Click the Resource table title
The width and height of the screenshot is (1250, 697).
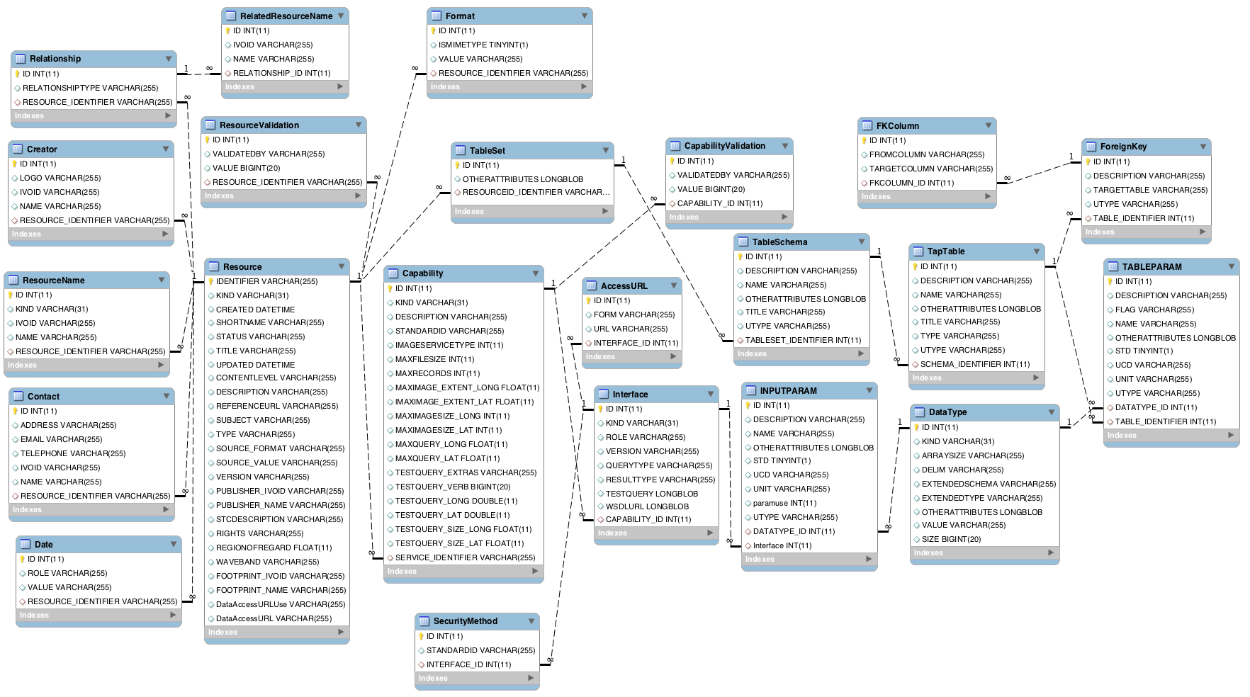tap(242, 267)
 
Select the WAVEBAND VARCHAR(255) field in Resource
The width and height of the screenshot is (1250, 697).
tap(267, 562)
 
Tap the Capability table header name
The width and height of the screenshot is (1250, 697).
tap(422, 273)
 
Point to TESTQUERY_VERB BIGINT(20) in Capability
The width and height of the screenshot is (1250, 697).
tap(452, 487)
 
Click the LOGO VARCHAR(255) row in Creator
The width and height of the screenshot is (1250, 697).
tap(60, 178)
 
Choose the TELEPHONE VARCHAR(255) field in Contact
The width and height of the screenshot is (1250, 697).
tap(72, 453)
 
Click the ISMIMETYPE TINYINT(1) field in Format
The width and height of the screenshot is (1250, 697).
tap(483, 45)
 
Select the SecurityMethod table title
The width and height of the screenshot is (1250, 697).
tap(465, 621)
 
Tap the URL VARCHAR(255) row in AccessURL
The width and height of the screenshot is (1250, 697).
tap(630, 329)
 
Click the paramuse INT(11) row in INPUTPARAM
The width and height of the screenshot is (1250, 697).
tap(784, 503)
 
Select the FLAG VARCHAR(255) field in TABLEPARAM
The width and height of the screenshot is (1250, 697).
tap(1154, 310)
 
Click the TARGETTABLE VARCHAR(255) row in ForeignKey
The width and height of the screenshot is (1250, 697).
tap(1150, 190)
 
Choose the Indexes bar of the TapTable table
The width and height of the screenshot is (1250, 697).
tap(976, 378)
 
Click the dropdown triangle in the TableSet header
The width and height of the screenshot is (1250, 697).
tap(605, 150)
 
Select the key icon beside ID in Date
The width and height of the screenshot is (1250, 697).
tap(23, 559)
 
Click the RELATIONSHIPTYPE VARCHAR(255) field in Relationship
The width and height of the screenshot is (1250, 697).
tap(90, 88)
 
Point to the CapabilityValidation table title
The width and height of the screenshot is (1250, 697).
tap(724, 146)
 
